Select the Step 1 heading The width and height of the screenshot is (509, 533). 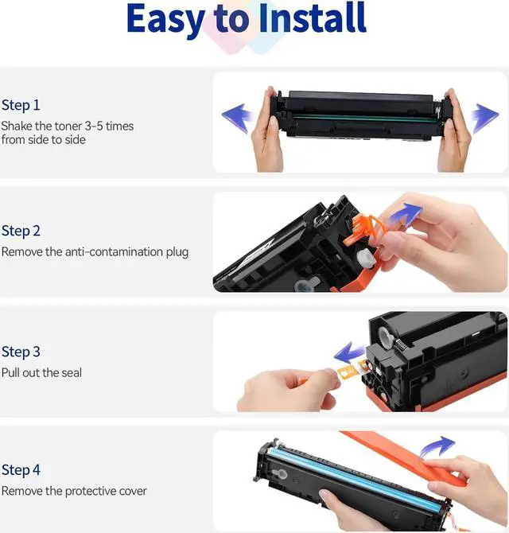(21, 105)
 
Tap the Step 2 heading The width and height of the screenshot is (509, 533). (21, 231)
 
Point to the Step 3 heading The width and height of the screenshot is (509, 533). (21, 352)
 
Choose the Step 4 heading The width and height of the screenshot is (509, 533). (21, 470)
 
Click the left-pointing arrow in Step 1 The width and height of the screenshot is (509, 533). (237, 117)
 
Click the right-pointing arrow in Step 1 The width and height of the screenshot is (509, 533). (484, 118)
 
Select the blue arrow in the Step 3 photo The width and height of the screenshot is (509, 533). (349, 353)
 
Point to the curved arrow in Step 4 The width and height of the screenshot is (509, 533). (437, 446)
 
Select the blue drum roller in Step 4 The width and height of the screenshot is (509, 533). (353, 477)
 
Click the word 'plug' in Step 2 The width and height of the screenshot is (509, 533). (177, 252)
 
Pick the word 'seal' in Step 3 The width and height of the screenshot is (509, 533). (72, 372)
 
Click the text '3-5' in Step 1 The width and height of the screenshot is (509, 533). (93, 126)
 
